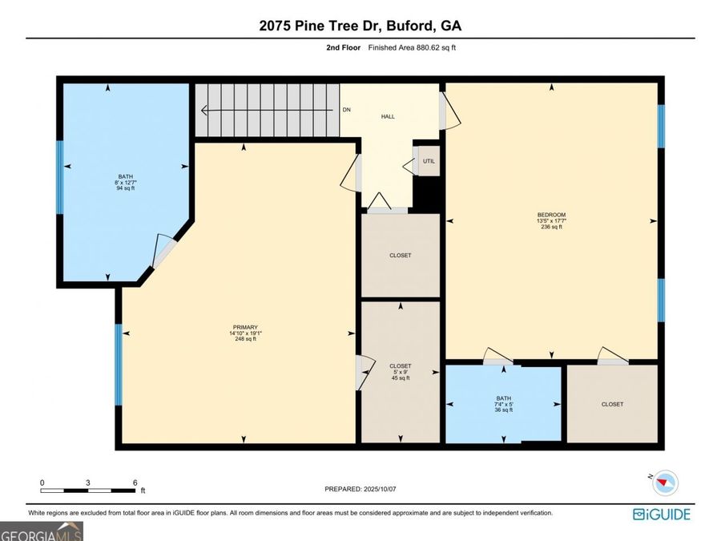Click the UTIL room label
(x=429, y=161)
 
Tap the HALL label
(x=388, y=116)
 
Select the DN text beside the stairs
(x=347, y=110)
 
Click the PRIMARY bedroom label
(x=245, y=328)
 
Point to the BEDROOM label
(x=551, y=215)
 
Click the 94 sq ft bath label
(x=126, y=182)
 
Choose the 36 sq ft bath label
(x=504, y=404)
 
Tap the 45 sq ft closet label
(x=401, y=372)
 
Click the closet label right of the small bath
(x=613, y=405)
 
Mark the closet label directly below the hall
(x=400, y=256)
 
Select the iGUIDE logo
(x=662, y=514)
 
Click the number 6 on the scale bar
(x=135, y=482)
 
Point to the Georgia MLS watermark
(x=42, y=532)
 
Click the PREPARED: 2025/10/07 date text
(x=360, y=489)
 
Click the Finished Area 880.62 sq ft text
(x=412, y=47)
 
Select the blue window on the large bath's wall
(x=60, y=177)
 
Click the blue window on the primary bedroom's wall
(x=119, y=365)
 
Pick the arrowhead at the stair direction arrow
(x=204, y=111)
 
